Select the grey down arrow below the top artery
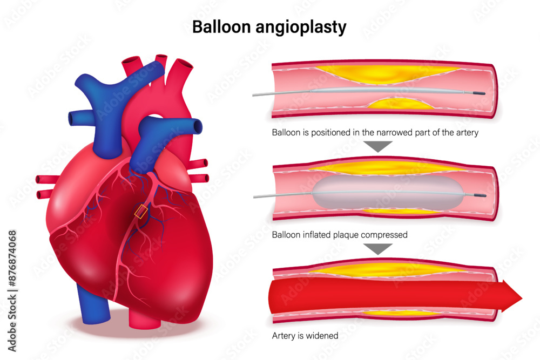tap(378, 146)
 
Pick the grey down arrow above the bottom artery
tap(378, 248)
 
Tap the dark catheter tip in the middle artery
tap(480, 195)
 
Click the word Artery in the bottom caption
tap(283, 336)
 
